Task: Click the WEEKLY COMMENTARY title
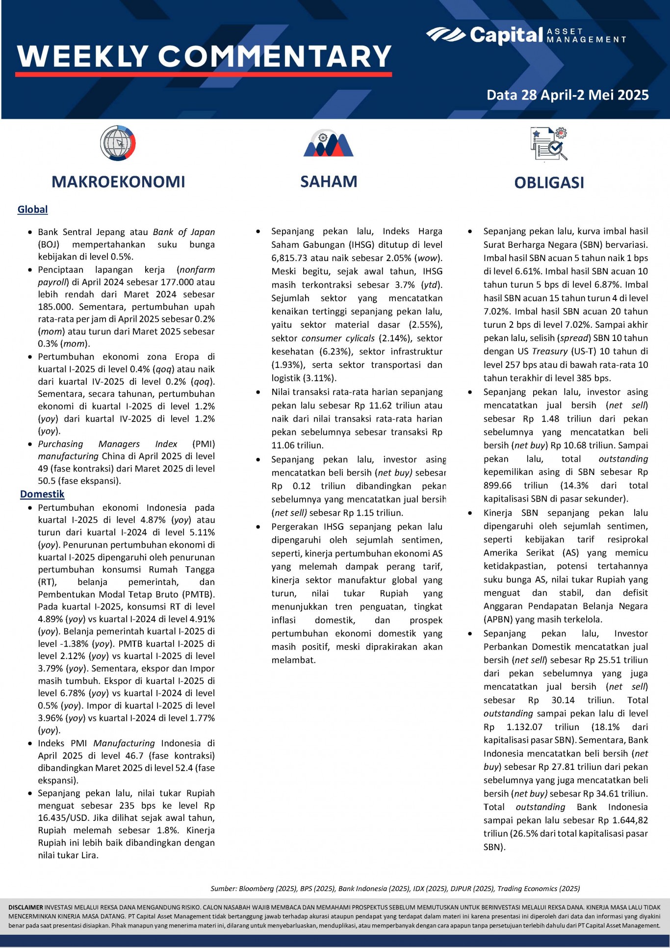[204, 56]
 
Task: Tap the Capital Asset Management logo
[526, 35]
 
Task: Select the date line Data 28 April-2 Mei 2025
[567, 95]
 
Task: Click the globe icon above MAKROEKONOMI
[118, 143]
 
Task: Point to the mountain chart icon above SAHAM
[328, 143]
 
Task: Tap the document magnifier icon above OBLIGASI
[549, 144]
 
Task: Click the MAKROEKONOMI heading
[118, 182]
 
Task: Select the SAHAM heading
[329, 182]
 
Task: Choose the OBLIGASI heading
[549, 183]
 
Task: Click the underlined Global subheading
[32, 210]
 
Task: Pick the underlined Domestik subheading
[42, 494]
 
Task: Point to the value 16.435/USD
[65, 818]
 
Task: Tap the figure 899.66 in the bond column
[497, 485]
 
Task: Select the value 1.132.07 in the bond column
[524, 727]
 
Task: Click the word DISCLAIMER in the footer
[26, 907]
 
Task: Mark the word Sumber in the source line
[223, 889]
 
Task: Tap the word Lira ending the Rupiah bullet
[89, 855]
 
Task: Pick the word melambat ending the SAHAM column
[293, 660]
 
